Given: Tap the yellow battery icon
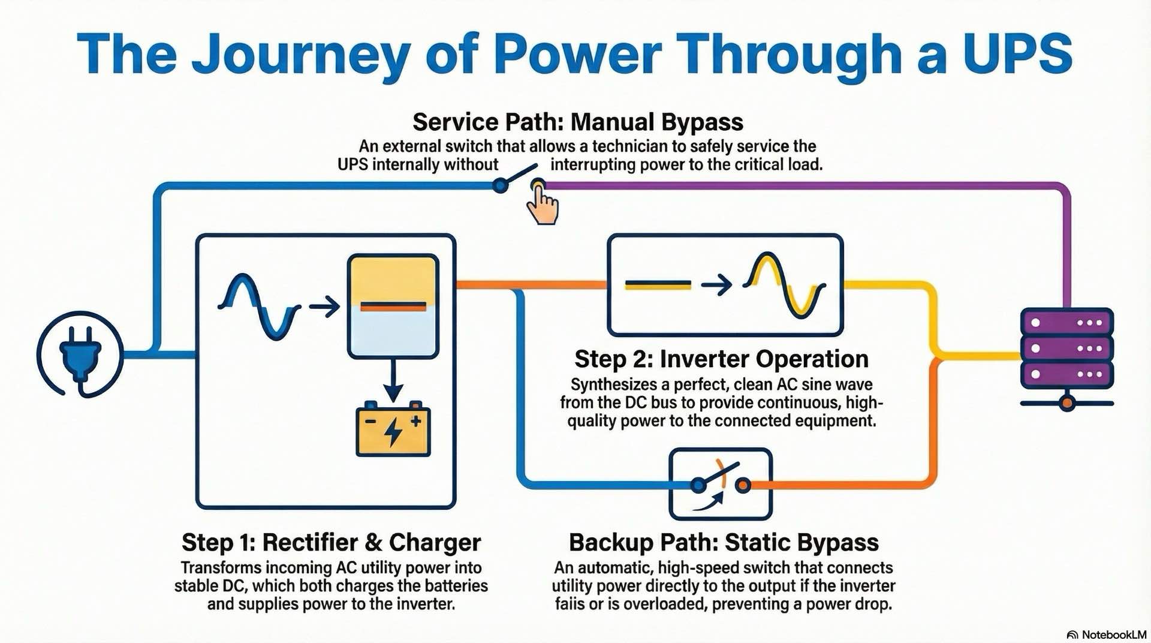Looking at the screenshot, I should point(393,431).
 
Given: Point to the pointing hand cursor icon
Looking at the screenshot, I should point(543,205).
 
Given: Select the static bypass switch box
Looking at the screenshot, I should point(720,484).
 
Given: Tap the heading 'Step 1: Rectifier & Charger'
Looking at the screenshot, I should point(331,542).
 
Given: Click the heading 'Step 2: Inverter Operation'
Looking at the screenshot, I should point(721,359).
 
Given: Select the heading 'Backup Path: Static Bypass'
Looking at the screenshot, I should point(724,542).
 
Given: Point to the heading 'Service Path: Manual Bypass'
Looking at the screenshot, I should point(578,122).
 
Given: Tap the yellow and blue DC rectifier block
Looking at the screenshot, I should point(393,306).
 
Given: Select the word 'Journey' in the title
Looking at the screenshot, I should point(300,55).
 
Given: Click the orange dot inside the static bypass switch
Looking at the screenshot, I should point(743,485).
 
